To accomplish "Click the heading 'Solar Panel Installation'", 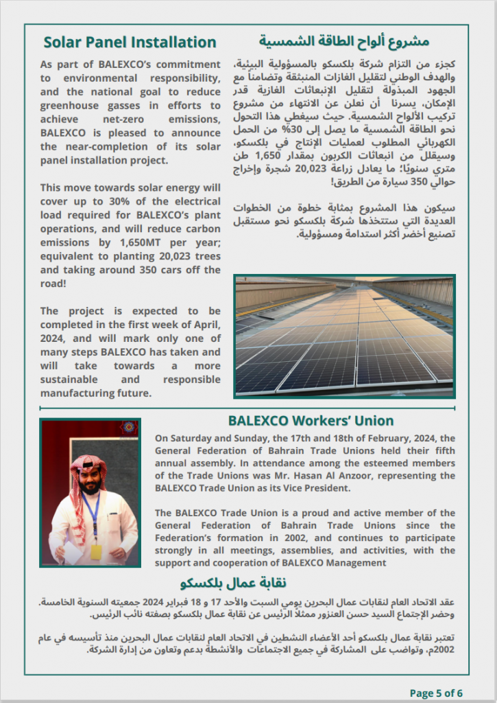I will click(x=130, y=43).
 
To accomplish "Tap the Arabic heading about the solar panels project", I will click(x=354, y=42).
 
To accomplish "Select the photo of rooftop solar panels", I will click(x=344, y=336).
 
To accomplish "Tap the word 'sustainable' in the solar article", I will click(x=71, y=380).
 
